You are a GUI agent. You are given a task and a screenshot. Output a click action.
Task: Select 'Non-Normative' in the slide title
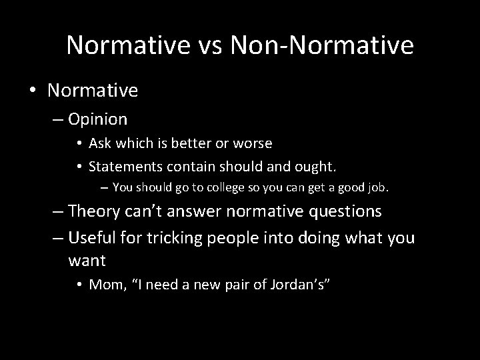(x=321, y=45)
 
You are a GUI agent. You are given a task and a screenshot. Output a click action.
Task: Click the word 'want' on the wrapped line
(x=87, y=259)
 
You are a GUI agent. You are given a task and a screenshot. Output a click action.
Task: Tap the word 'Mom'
(x=105, y=285)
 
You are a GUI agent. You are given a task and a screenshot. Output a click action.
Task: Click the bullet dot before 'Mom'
(x=79, y=285)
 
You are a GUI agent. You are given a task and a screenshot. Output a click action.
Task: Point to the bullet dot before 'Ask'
(x=79, y=143)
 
